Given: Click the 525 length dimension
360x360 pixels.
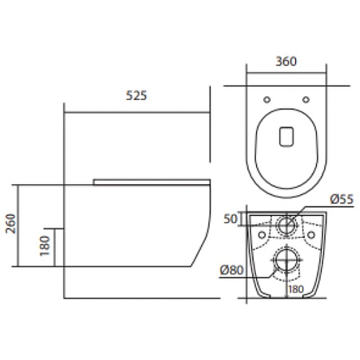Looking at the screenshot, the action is point(136,95).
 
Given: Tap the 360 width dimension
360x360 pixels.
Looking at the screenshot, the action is point(286,62).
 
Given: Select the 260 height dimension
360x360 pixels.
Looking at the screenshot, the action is point(11,223).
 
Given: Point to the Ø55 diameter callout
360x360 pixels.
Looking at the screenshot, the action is point(342,199).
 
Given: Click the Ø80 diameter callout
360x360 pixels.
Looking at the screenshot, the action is point(231,270).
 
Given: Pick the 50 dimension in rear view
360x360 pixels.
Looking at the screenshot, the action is point(230,219).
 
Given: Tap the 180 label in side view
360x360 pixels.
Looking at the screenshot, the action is point(45,246).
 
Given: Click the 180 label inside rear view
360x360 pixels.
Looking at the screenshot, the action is point(296,289).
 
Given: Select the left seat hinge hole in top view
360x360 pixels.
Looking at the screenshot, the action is point(267,100).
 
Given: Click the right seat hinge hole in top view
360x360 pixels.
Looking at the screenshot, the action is point(306,100).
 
